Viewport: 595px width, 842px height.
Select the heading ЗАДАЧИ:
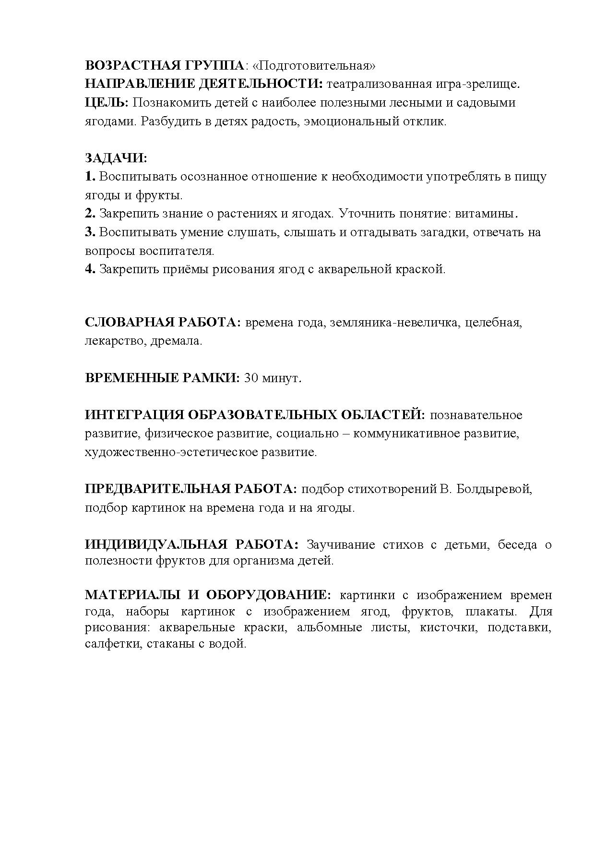tap(116, 158)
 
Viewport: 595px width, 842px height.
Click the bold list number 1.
tap(90, 177)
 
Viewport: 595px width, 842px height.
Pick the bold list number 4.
tap(90, 269)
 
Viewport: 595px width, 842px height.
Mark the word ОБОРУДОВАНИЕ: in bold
tap(269, 595)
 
